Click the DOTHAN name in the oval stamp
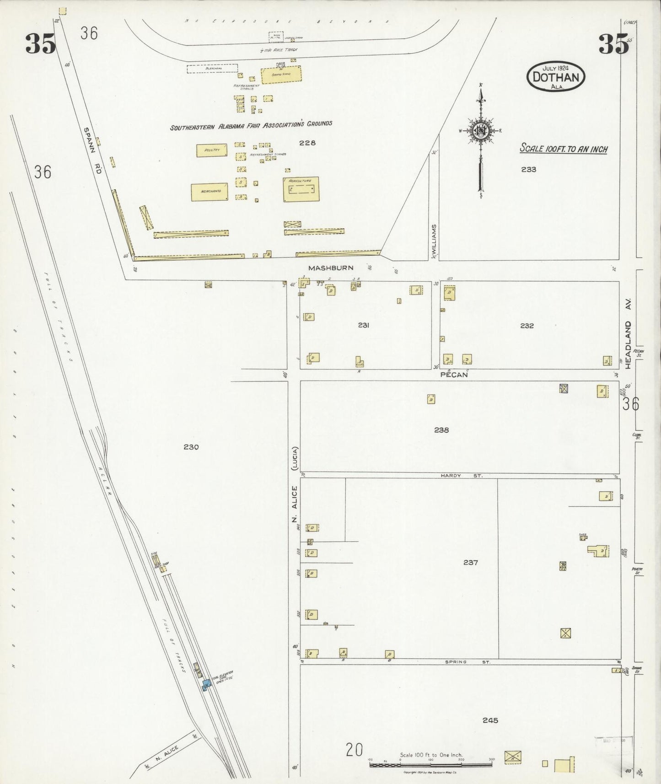556,77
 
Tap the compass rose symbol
481,130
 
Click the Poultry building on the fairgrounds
212,150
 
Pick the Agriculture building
301,189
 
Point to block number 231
364,325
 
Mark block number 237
470,562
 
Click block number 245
490,720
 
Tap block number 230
191,447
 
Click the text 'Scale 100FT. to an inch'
564,149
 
